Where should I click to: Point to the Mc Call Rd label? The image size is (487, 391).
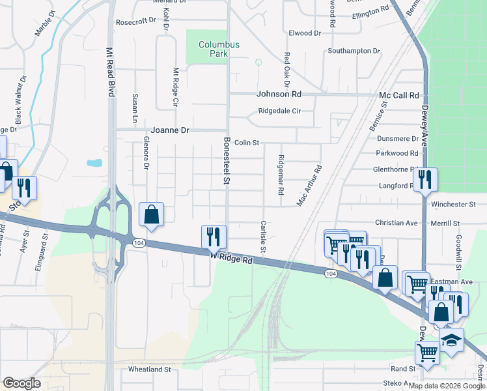click(x=398, y=95)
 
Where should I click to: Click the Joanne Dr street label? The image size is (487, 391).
click(x=170, y=130)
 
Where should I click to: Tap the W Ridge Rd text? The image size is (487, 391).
click(x=230, y=259)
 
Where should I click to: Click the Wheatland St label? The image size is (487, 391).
click(x=149, y=369)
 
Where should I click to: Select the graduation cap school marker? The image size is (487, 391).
click(x=451, y=340)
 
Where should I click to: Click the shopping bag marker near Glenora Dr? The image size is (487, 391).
click(x=151, y=214)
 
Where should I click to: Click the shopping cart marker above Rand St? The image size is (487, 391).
click(x=427, y=353)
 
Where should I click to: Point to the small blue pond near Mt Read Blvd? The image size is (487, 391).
click(x=94, y=163)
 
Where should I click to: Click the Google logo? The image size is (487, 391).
click(x=21, y=383)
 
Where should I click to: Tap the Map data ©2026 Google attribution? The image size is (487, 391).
click(x=447, y=386)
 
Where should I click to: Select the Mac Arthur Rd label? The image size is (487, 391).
click(x=309, y=186)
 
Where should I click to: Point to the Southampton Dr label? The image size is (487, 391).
click(x=354, y=51)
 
